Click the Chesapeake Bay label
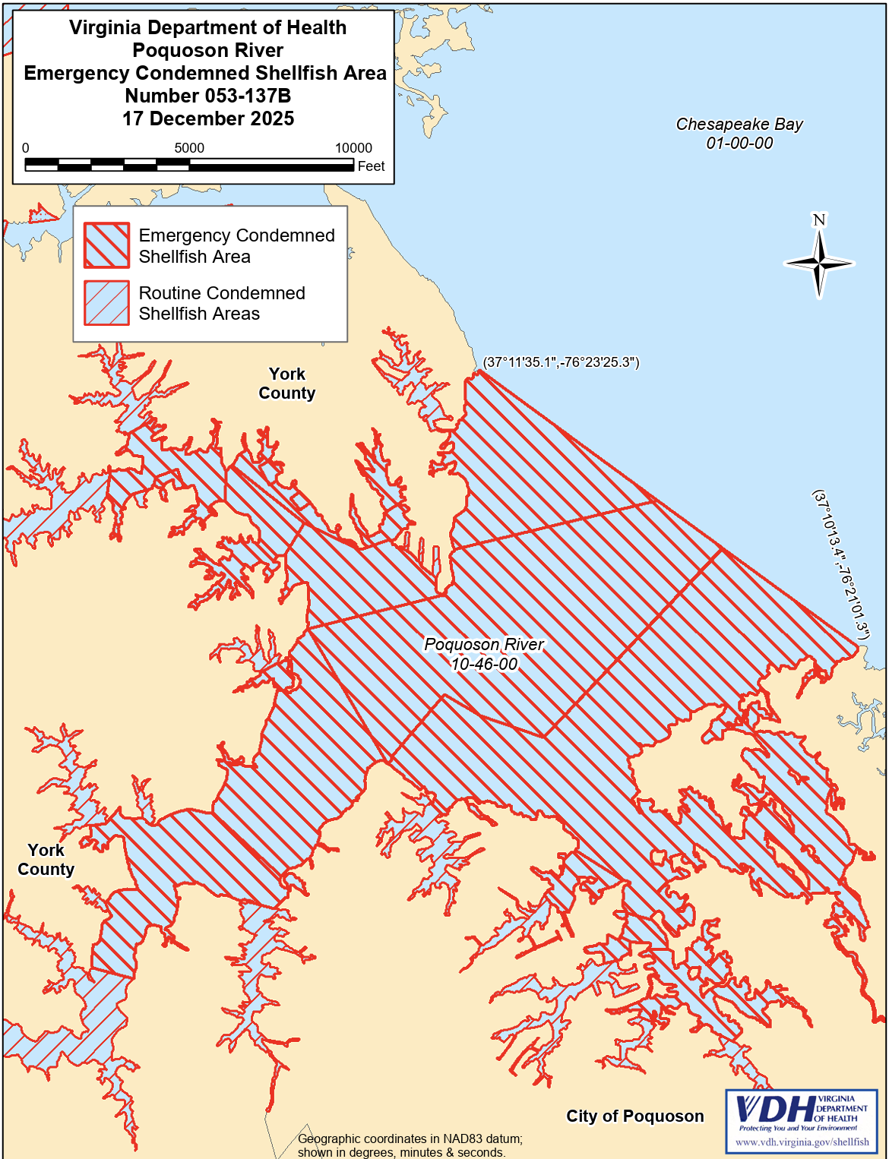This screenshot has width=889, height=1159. (x=739, y=134)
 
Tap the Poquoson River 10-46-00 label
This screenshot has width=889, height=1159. (x=484, y=654)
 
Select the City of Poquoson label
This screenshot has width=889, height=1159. (x=634, y=1116)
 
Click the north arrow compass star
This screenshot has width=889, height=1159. (x=819, y=264)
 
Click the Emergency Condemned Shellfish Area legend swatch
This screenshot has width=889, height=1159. (x=106, y=245)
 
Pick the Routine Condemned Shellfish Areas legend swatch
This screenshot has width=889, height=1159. (x=106, y=303)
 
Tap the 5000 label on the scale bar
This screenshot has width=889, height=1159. (x=189, y=148)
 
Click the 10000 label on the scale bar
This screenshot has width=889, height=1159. (x=353, y=148)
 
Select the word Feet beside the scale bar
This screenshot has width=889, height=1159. (x=371, y=166)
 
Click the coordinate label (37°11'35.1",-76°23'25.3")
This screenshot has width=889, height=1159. (x=562, y=362)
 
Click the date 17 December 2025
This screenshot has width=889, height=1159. (x=208, y=118)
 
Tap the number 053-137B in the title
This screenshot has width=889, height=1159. (x=208, y=96)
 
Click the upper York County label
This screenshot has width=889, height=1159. (x=286, y=384)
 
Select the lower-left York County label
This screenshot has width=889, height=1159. (x=46, y=860)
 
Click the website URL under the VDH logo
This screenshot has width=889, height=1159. (x=802, y=1142)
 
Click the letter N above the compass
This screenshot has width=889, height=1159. (x=819, y=220)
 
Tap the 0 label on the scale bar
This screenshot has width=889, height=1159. (x=26, y=148)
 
